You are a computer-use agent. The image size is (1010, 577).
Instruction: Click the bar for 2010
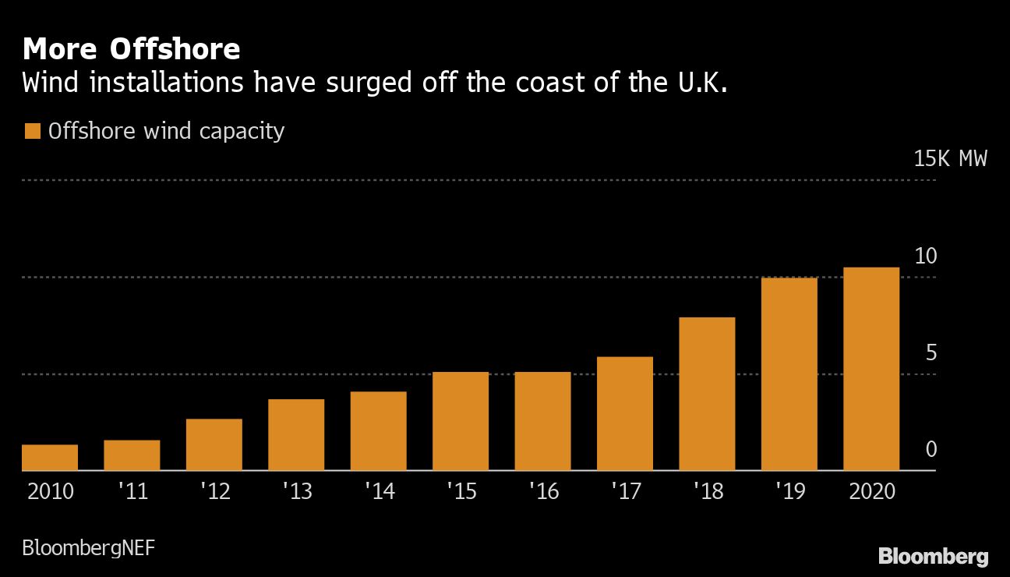tap(50, 458)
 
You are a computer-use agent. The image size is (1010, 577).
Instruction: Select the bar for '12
tap(214, 444)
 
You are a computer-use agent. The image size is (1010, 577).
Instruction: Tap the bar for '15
tap(461, 421)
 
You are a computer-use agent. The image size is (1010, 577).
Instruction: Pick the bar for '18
tap(707, 394)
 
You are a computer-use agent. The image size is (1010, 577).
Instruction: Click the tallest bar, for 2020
tap(871, 369)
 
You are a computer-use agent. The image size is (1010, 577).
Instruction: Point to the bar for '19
tap(789, 374)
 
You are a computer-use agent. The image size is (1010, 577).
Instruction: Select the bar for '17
tap(625, 413)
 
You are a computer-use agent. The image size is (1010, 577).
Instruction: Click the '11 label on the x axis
tap(133, 492)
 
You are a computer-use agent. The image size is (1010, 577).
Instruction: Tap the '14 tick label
tap(380, 492)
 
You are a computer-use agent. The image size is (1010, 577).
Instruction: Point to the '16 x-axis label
tap(544, 492)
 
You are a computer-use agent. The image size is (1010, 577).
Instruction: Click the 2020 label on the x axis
tap(871, 492)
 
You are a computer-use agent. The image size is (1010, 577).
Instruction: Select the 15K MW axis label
tap(950, 159)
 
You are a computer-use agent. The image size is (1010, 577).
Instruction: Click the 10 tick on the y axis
tap(925, 256)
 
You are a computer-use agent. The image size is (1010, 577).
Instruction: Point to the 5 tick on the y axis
tap(931, 353)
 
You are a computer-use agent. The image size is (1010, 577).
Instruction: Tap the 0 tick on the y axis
tap(931, 450)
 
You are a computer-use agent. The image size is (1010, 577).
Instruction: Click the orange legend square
tap(32, 132)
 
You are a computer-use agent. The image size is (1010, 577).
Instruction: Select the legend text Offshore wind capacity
tap(166, 131)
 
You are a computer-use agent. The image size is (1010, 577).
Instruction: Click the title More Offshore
tap(131, 49)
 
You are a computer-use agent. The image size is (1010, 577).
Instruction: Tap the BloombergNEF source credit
tap(88, 547)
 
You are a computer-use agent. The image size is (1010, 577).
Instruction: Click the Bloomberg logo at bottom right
tap(933, 556)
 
